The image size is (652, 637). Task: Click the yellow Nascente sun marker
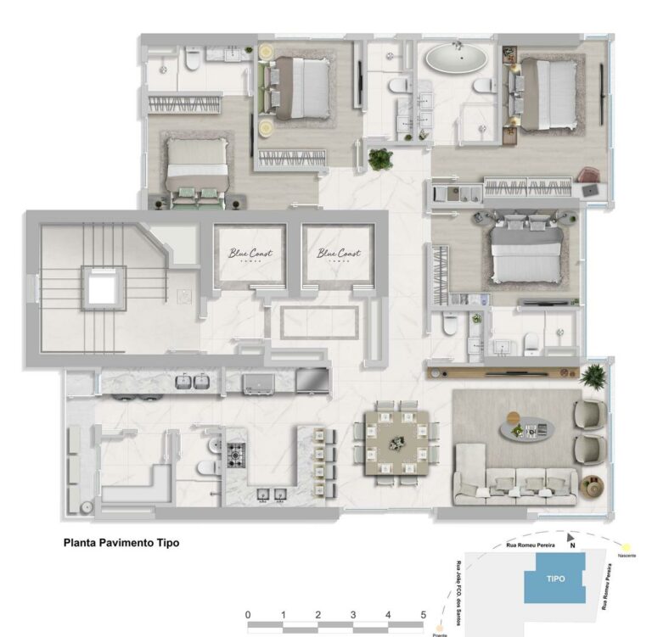point(627,548)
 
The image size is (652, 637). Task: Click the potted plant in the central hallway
point(381,159)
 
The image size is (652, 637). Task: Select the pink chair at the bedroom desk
point(587,176)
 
